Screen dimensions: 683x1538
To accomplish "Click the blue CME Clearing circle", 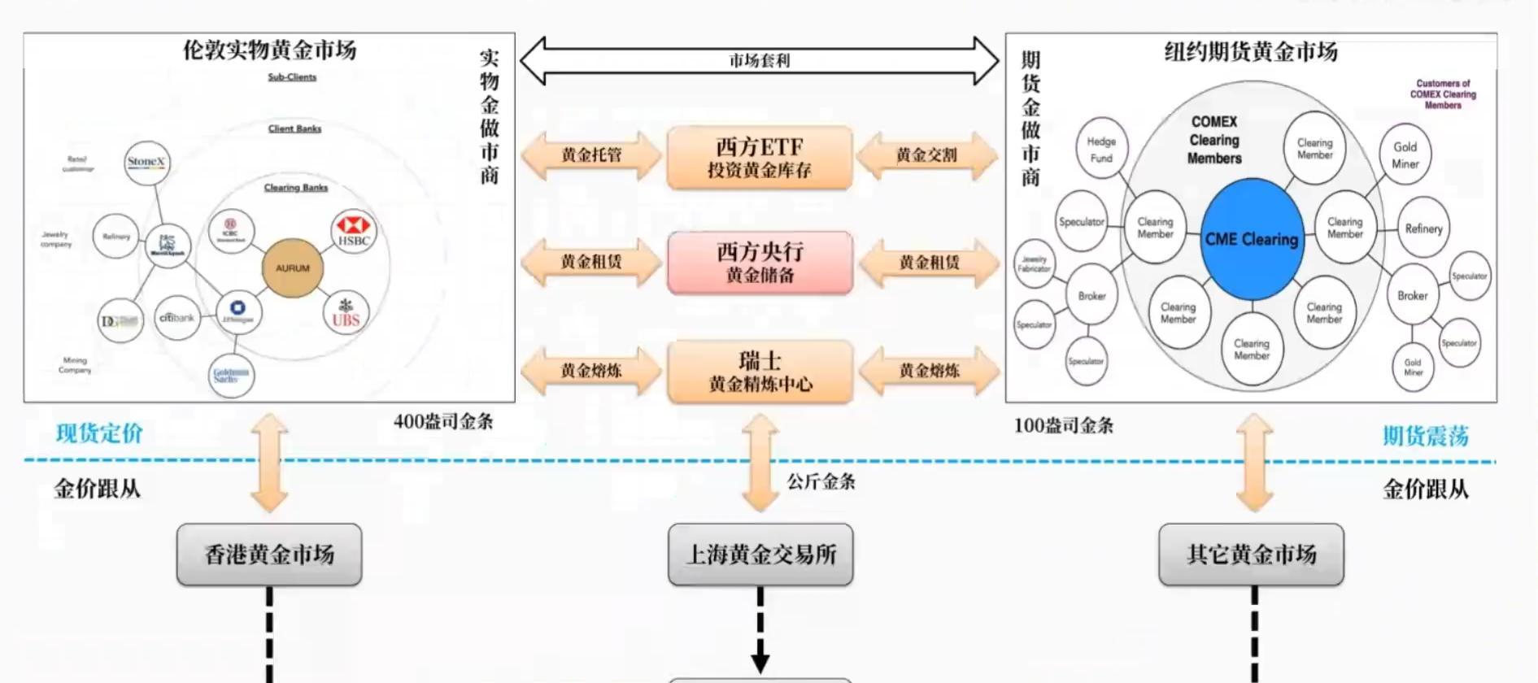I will pos(1252,239).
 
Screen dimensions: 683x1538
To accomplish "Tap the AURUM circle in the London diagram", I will pos(292,268).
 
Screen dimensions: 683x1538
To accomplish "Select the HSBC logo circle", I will pos(354,232).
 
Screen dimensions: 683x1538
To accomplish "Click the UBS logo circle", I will pos(346,313).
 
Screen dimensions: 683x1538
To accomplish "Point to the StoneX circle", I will pos(146,162).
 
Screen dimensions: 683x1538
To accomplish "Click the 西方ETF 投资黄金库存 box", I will pos(760,158).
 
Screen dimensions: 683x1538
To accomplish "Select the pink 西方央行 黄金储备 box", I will pos(760,263).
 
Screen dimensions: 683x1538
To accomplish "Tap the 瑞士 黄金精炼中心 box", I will pos(760,372).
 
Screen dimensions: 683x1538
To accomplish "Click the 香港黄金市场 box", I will pos(269,555).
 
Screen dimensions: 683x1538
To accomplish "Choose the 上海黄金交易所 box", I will pos(760,555).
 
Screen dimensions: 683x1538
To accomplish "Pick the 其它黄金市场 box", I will pos(1251,555).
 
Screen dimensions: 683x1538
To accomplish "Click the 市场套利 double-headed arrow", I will pos(759,61).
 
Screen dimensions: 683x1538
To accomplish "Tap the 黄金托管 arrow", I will pos(591,154).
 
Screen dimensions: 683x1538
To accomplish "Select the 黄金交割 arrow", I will pos(927,154).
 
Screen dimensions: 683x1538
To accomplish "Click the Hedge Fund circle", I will pos(1101,150).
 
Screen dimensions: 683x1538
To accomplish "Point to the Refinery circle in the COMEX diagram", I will pos(1423,229).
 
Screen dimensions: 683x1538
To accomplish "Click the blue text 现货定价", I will pos(99,433).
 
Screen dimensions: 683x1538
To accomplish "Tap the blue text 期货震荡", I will pos(1425,437).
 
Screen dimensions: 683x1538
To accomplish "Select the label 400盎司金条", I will pos(443,421).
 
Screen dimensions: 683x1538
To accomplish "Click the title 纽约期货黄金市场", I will pos(1250,52).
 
